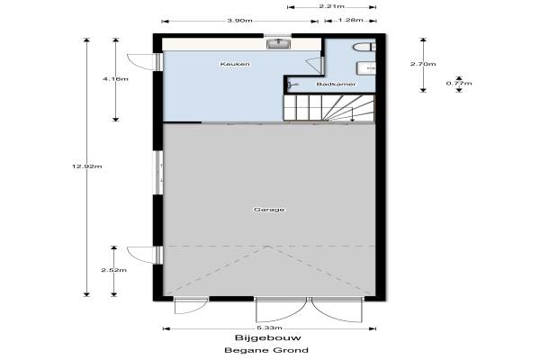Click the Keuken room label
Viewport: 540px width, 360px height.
(x=235, y=64)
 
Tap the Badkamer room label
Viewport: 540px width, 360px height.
(x=336, y=84)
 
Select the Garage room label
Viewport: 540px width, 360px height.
(x=269, y=210)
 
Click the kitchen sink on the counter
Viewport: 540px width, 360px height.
(x=279, y=44)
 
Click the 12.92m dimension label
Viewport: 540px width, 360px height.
(x=86, y=166)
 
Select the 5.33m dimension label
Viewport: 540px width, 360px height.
(x=269, y=328)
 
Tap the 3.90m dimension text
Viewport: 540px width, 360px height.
(x=239, y=21)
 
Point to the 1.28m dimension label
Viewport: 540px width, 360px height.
(x=351, y=20)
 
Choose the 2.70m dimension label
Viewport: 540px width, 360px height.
(x=423, y=64)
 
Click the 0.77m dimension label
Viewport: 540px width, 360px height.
(x=459, y=84)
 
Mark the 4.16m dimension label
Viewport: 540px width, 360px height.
(x=115, y=79)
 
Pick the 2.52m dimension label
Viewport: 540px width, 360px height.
(x=114, y=270)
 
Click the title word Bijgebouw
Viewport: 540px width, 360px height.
(x=268, y=337)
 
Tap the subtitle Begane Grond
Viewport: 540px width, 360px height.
(x=266, y=350)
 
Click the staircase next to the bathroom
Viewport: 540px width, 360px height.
(x=328, y=108)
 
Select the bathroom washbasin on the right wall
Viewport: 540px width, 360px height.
(x=366, y=67)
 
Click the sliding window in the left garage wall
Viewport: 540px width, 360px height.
(x=159, y=172)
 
